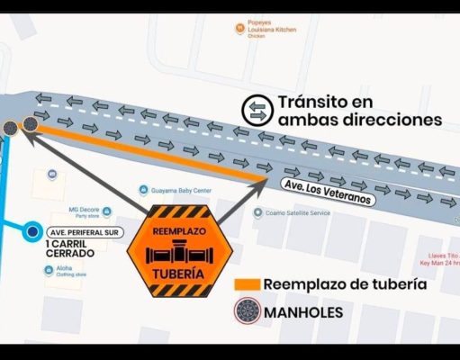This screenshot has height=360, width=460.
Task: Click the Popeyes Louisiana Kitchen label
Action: click(267, 29)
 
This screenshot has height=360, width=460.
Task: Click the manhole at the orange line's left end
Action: click(31, 125)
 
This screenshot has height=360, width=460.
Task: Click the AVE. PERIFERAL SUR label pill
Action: click(85, 231)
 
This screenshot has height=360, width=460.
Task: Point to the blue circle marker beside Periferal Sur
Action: click(33, 232)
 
